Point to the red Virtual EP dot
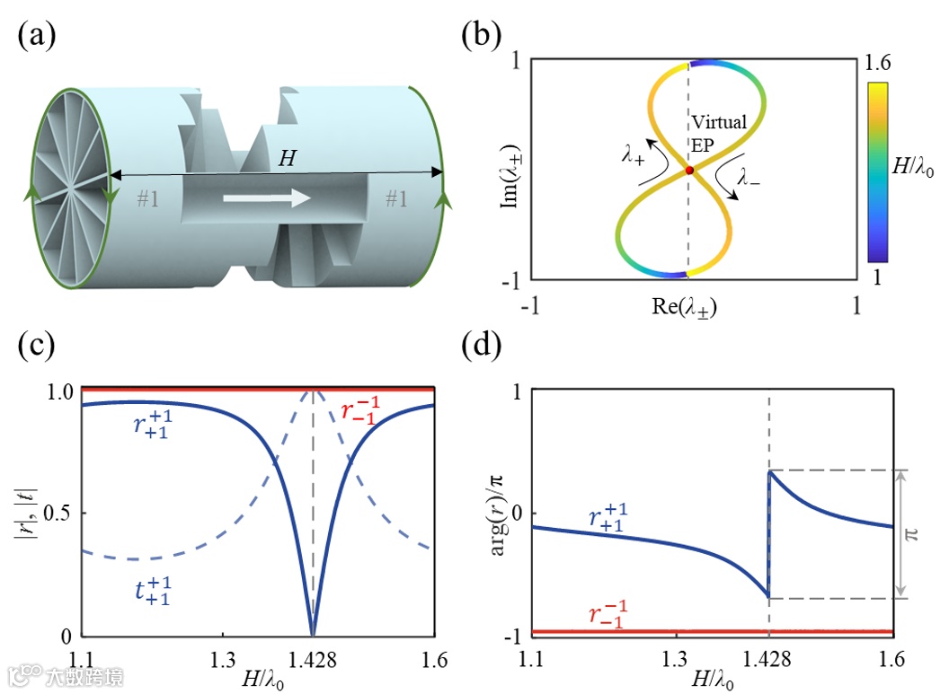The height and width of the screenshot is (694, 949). pyautogui.click(x=689, y=170)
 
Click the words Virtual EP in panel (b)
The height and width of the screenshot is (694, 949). pyautogui.click(x=719, y=134)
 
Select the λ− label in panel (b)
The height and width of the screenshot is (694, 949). pyautogui.click(x=749, y=178)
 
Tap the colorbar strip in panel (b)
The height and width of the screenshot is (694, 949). pyautogui.click(x=878, y=171)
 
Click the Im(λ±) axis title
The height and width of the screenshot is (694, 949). pyautogui.click(x=507, y=171)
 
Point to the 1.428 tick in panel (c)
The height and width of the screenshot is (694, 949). pyautogui.click(x=312, y=655)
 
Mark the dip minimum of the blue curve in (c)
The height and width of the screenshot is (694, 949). pyautogui.click(x=312, y=632)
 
